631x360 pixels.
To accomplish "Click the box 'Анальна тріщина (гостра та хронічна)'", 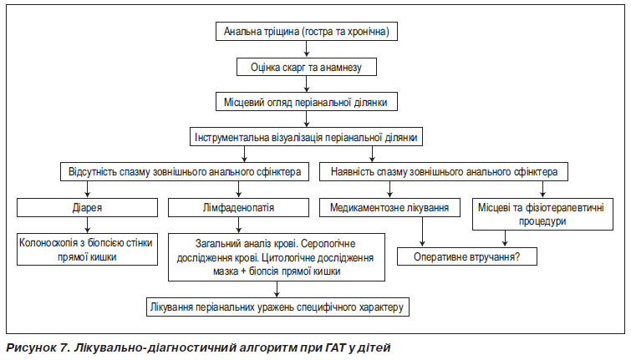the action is pyautogui.click(x=306, y=32).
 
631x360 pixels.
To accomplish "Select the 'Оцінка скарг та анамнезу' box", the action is pyautogui.click(x=306, y=67).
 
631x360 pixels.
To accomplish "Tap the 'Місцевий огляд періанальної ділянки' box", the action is pyautogui.click(x=306, y=102).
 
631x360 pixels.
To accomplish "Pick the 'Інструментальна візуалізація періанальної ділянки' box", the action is pyautogui.click(x=306, y=137).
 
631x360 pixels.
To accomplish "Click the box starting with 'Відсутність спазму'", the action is pyautogui.click(x=185, y=172).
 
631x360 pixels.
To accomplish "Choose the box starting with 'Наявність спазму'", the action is pyautogui.click(x=444, y=172).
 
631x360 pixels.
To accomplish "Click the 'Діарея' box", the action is pyautogui.click(x=87, y=207).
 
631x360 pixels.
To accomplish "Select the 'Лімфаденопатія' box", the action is pyautogui.click(x=239, y=207).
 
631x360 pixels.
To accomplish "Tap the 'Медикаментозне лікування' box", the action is pyautogui.click(x=389, y=207).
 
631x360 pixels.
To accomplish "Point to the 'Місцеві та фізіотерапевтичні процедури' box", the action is pyautogui.click(x=542, y=214).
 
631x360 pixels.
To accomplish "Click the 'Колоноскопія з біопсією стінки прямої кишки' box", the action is pyautogui.click(x=87, y=250).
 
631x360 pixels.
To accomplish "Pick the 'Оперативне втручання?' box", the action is pyautogui.click(x=467, y=256).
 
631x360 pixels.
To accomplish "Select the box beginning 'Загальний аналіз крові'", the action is pyautogui.click(x=277, y=257).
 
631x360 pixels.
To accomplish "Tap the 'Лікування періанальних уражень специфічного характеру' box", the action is pyautogui.click(x=277, y=307).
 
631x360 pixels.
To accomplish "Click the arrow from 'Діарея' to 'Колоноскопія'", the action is pyautogui.click(x=87, y=226).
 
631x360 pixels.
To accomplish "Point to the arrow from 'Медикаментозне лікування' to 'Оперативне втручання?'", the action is pyautogui.click(x=422, y=232).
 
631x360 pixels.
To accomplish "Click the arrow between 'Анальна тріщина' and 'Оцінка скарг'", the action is pyautogui.click(x=307, y=49).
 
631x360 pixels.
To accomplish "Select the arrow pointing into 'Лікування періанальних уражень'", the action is pyautogui.click(x=277, y=289).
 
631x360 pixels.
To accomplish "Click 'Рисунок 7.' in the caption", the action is pyautogui.click(x=38, y=347).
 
